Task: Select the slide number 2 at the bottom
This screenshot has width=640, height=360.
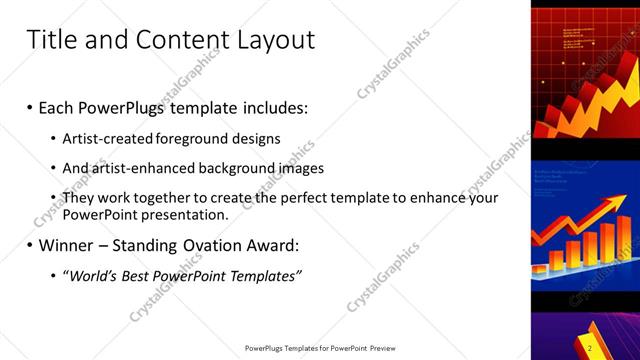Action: pyautogui.click(x=590, y=348)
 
